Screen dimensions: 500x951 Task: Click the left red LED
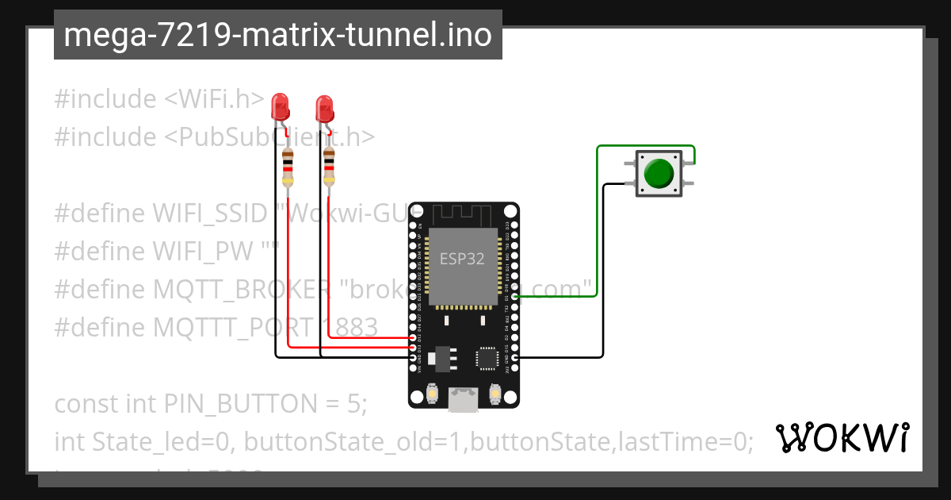pyautogui.click(x=279, y=106)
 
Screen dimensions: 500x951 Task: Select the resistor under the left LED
pyautogui.click(x=288, y=169)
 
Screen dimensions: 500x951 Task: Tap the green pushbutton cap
pyautogui.click(x=659, y=173)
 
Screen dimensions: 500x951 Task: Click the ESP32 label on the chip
pyautogui.click(x=463, y=259)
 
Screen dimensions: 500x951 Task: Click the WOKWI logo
pyautogui.click(x=842, y=437)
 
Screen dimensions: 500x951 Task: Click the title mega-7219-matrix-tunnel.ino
pyautogui.click(x=277, y=35)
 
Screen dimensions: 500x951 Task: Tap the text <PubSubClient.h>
pyautogui.click(x=269, y=137)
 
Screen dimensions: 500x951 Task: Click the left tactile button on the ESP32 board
pyautogui.click(x=433, y=392)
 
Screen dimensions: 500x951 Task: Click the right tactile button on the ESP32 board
pyautogui.click(x=495, y=392)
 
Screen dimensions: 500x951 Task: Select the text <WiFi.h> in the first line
pyautogui.click(x=214, y=99)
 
